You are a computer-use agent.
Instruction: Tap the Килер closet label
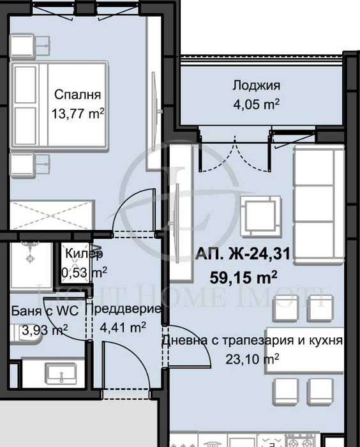[83, 254]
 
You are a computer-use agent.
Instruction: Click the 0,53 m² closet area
[83, 272]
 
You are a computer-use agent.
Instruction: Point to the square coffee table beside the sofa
[260, 215]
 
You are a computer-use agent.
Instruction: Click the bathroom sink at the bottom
[54, 371]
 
